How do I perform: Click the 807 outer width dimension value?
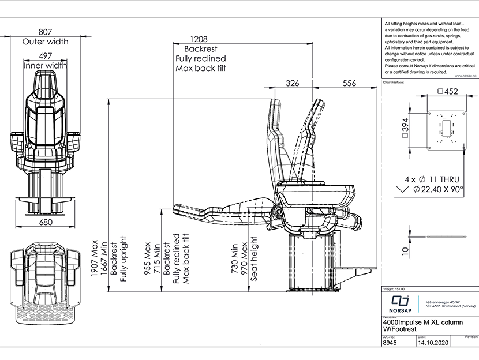coord(45,32)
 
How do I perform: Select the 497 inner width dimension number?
coord(45,55)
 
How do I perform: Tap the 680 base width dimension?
coord(45,222)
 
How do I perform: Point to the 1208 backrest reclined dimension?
coord(193,39)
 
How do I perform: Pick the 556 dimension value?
coord(349,83)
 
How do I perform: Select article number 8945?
coord(391,342)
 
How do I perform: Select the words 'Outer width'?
coord(45,42)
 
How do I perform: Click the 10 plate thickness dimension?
coord(406,250)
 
